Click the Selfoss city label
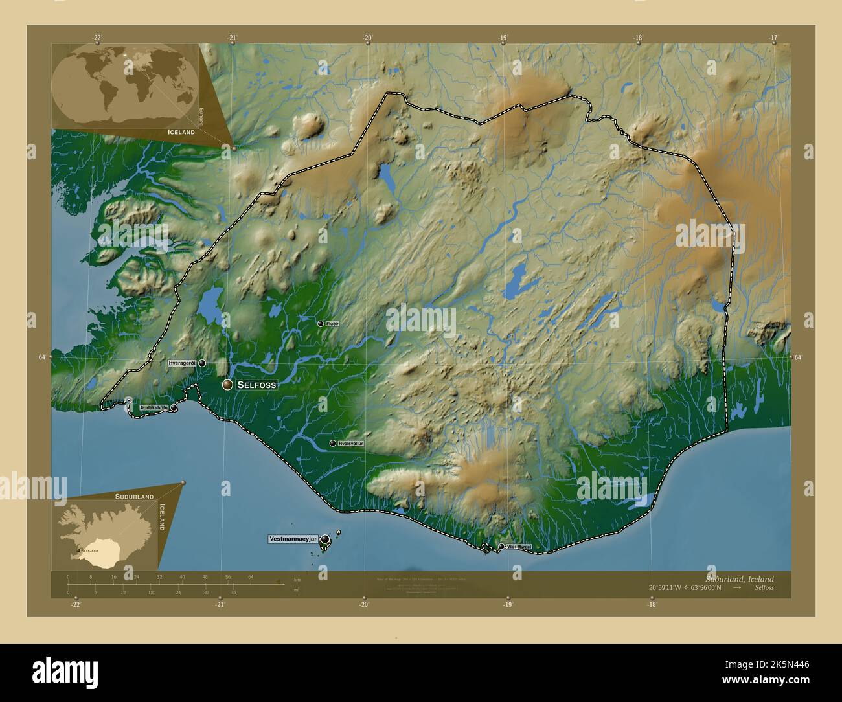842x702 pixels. click(x=256, y=385)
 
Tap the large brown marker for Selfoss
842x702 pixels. click(x=227, y=385)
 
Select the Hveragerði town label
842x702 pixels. click(x=182, y=363)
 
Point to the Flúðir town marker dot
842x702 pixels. click(x=320, y=323)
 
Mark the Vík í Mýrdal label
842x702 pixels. click(x=519, y=547)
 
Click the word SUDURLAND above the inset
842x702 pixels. click(x=134, y=496)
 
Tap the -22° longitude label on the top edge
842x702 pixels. click(x=97, y=38)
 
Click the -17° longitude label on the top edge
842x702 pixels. click(x=773, y=38)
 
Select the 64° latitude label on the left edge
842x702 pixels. click(x=41, y=357)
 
